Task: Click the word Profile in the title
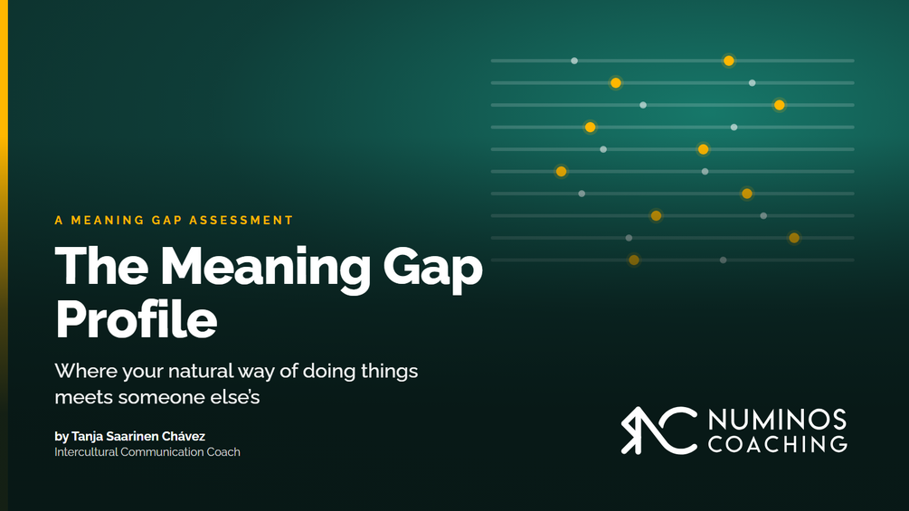[137, 318]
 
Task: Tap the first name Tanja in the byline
[87, 436]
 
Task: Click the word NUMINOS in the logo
[778, 420]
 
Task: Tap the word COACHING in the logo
[778, 444]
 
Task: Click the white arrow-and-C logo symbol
[658, 431]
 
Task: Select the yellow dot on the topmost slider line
[729, 61]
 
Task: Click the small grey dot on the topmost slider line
[574, 61]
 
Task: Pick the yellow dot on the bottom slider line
[634, 260]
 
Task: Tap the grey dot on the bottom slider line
[723, 260]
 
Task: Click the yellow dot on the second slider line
[616, 83]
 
